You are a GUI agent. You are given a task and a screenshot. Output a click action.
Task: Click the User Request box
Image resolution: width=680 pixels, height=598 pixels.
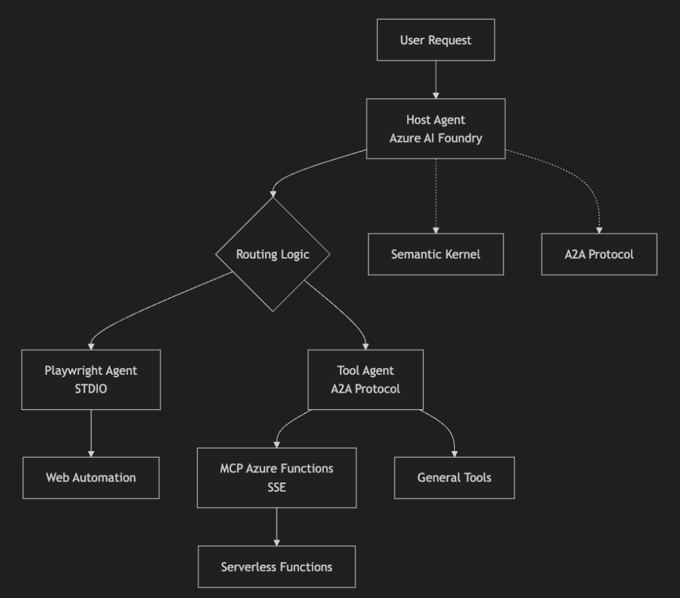tap(436, 40)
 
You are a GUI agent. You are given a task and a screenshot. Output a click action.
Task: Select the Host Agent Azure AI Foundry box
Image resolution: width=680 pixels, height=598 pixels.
tap(436, 129)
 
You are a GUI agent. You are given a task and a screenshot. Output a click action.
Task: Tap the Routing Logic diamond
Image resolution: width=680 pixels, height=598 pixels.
tap(273, 254)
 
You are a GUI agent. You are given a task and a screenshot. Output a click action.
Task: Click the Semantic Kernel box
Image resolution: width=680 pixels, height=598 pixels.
tap(436, 254)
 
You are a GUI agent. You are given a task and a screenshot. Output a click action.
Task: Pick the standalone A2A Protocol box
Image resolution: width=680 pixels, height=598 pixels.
tap(599, 254)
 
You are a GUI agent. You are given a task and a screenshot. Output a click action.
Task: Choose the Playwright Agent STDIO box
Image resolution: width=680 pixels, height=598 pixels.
tap(91, 379)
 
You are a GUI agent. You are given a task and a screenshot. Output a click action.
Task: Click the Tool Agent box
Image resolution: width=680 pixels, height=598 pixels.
tap(365, 379)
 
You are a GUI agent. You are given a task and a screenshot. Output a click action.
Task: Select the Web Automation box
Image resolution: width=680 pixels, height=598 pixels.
tap(91, 478)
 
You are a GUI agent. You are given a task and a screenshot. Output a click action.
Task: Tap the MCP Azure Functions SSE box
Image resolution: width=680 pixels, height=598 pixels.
tap(277, 478)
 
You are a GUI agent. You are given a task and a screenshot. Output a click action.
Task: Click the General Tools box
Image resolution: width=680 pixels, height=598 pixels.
tap(454, 478)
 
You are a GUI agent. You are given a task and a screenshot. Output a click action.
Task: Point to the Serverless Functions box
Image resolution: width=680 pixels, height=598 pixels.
tap(277, 567)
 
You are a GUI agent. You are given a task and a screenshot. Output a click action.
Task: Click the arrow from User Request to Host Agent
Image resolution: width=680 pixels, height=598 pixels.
tap(436, 80)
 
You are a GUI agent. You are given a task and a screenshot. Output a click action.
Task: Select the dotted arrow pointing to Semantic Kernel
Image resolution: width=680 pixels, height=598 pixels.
tap(436, 196)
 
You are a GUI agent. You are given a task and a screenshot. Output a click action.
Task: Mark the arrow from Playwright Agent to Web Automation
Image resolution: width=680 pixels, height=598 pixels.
tap(91, 433)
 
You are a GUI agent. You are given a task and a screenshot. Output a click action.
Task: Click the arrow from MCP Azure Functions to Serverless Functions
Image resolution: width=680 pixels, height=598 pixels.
tap(277, 527)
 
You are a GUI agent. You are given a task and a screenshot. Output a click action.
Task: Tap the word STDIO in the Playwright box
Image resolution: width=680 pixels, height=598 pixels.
tap(91, 389)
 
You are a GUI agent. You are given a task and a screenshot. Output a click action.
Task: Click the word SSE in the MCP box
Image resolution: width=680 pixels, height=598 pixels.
tap(277, 487)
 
